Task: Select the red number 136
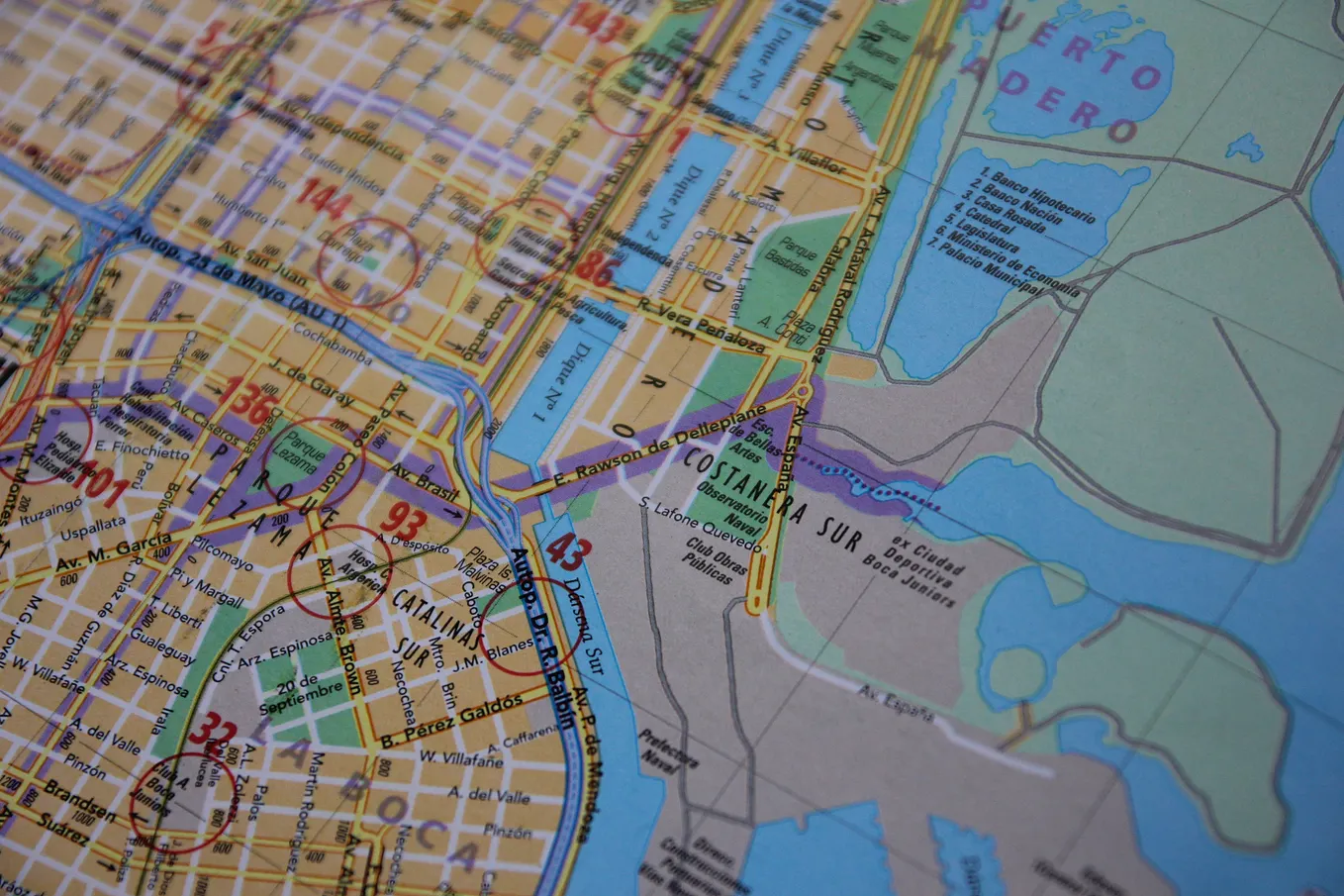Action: (x=243, y=396)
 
